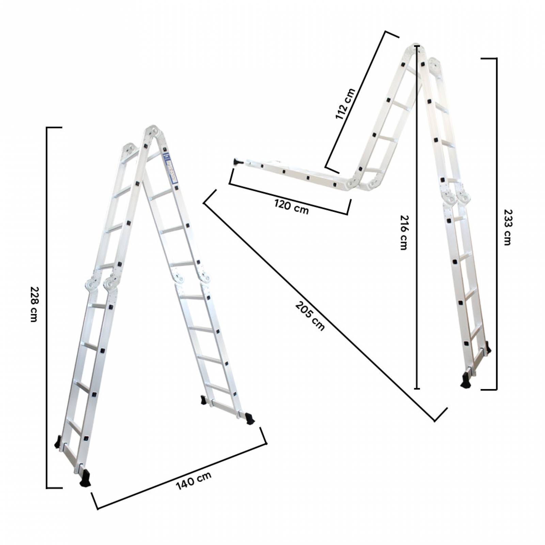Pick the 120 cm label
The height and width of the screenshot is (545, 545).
click(x=292, y=207)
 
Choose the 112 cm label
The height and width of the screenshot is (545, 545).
click(x=345, y=104)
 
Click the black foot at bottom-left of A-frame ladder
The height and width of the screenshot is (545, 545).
click(x=85, y=478)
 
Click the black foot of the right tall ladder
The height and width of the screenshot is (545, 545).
click(x=466, y=381)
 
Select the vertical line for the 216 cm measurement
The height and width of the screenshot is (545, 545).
click(x=417, y=307)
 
